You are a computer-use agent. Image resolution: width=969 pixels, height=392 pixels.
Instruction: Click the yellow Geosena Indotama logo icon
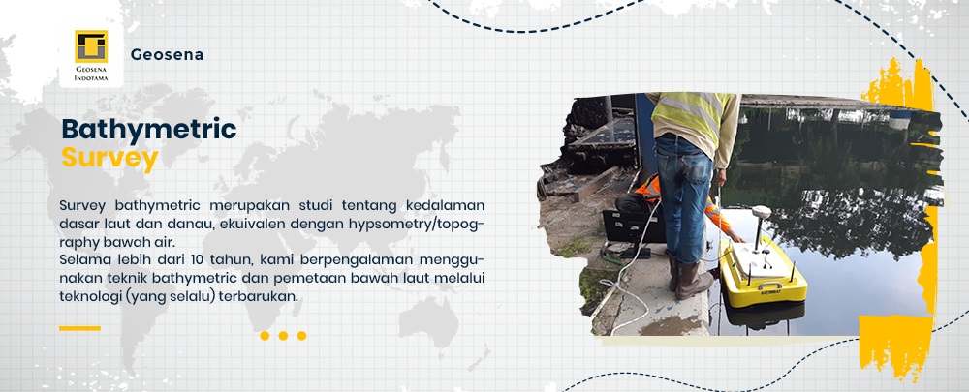pyautogui.click(x=91, y=46)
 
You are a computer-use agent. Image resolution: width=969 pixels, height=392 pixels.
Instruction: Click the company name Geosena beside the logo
pyautogui.click(x=167, y=55)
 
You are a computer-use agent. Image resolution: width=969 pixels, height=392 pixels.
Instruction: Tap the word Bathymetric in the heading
pyautogui.click(x=149, y=130)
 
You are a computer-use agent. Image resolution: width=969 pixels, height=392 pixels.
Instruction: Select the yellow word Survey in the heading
pyautogui.click(x=110, y=159)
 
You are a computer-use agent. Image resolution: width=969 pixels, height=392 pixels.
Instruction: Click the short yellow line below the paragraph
pyautogui.click(x=79, y=328)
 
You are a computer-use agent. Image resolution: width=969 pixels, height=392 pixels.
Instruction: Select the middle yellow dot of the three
pyautogui.click(x=283, y=336)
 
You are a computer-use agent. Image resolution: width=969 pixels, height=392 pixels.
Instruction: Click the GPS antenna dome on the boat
pyautogui.click(x=761, y=212)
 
